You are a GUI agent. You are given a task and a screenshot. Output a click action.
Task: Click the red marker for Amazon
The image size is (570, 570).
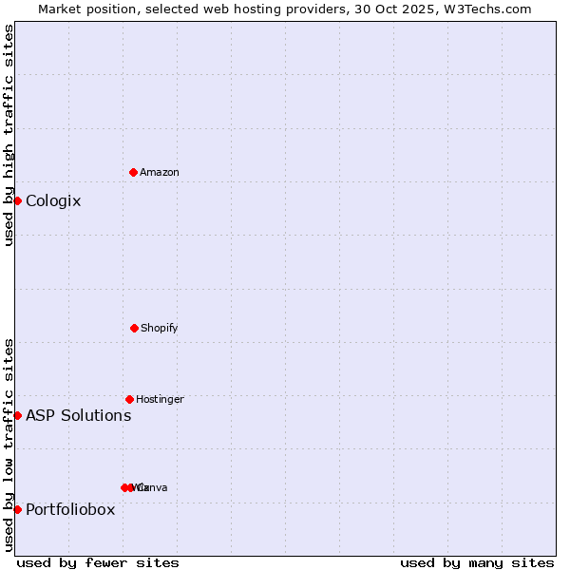click(x=133, y=172)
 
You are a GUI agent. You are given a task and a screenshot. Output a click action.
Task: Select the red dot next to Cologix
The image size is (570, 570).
click(x=17, y=200)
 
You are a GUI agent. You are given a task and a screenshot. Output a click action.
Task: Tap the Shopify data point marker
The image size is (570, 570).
click(x=134, y=328)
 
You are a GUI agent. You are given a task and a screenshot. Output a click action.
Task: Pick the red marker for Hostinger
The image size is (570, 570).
click(x=129, y=399)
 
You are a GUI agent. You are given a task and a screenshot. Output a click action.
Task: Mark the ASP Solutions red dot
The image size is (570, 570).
click(x=17, y=415)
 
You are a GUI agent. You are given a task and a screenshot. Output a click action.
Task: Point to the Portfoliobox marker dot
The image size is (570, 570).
click(x=17, y=509)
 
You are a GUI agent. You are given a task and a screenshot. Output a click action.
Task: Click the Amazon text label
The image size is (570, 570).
click(x=160, y=172)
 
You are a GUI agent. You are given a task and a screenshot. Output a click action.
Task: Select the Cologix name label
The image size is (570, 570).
click(x=53, y=200)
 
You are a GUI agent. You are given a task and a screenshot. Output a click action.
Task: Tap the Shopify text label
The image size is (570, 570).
click(x=160, y=328)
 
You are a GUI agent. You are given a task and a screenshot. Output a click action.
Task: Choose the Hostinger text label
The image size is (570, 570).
click(x=160, y=399)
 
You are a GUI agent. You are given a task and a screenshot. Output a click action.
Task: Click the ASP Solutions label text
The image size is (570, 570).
click(x=78, y=415)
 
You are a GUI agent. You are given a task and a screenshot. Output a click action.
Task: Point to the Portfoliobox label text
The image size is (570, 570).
click(x=70, y=509)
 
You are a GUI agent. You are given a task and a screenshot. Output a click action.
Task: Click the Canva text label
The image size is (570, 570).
click(x=154, y=487)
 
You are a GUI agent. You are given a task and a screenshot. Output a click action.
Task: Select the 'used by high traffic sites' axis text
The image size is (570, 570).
click(x=9, y=135)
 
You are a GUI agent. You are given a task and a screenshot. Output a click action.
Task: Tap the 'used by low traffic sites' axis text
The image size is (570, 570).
click(x=9, y=445)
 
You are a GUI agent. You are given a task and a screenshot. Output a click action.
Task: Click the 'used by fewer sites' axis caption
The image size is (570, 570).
click(x=98, y=562)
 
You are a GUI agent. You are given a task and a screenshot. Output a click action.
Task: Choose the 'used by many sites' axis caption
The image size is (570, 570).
click(x=477, y=562)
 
